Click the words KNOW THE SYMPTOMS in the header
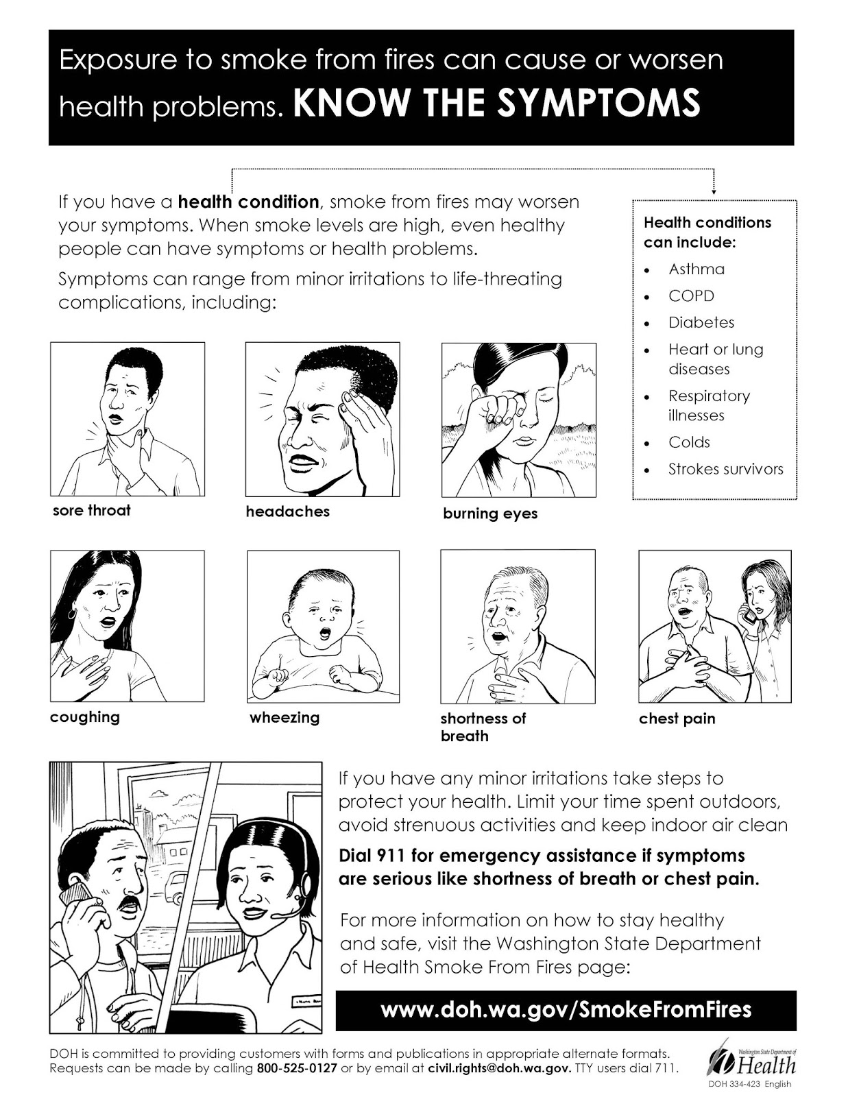(497, 101)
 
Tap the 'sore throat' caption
(91, 510)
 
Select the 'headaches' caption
(287, 511)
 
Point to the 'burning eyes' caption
(490, 514)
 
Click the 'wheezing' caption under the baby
(284, 718)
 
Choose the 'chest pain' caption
(677, 719)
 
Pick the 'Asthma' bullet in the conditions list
(696, 269)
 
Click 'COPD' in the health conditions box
(691, 296)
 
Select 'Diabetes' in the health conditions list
(701, 322)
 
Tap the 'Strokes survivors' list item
(725, 469)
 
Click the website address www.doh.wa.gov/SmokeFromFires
(566, 1009)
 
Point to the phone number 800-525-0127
(297, 1069)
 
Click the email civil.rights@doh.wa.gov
(498, 1069)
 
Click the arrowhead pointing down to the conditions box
(714, 191)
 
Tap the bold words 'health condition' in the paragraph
(248, 202)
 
